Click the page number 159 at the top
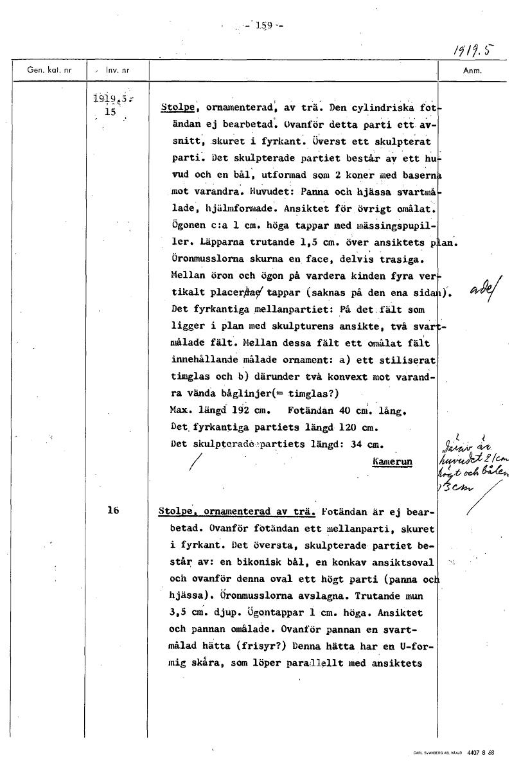click(x=265, y=26)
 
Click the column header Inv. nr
click(x=117, y=70)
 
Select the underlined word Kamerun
click(x=392, y=461)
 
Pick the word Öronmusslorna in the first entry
click(x=204, y=259)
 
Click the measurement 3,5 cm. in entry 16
click(x=186, y=613)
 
